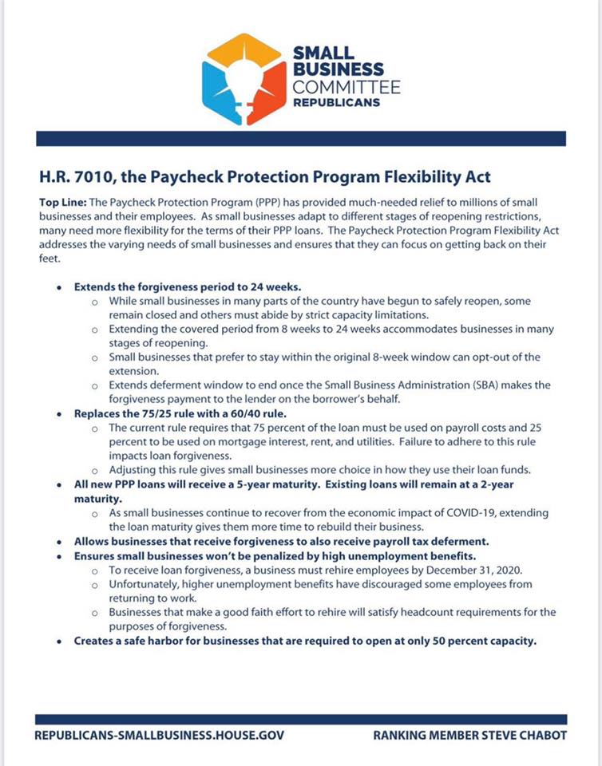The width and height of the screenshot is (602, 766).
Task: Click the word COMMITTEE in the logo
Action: pos(347,87)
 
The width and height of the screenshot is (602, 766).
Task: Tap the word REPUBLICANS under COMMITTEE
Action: pos(336,103)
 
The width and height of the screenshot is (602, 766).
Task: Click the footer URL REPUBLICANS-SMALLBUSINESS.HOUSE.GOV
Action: pos(159,735)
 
